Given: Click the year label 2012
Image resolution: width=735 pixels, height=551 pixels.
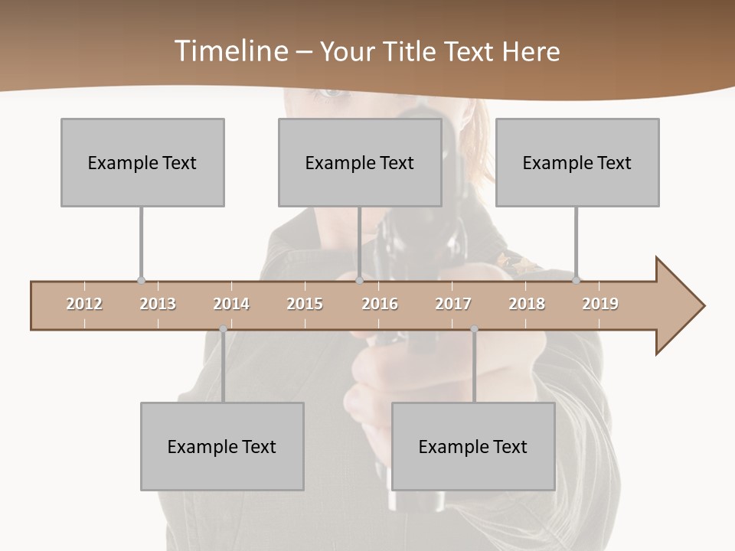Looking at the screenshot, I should [84, 304].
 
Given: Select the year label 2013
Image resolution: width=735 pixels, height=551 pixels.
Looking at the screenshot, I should [158, 304].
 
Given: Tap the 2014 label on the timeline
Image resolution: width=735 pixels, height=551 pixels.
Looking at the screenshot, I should [231, 304].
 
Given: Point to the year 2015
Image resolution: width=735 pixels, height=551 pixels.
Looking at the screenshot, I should [305, 304].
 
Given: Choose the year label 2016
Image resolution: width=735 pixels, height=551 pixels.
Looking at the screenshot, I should [380, 304].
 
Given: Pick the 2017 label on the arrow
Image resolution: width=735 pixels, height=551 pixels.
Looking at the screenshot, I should [453, 304].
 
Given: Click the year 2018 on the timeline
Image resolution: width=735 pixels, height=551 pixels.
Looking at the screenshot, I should [527, 304].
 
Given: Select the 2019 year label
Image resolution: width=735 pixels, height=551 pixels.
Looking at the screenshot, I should [600, 304].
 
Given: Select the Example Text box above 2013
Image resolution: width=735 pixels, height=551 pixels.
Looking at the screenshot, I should [142, 162].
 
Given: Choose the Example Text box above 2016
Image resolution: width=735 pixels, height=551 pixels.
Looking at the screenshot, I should [360, 162].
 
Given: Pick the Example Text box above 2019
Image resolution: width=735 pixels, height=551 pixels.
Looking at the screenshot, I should [577, 162].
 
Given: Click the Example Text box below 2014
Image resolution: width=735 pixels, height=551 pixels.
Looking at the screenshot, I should [222, 446].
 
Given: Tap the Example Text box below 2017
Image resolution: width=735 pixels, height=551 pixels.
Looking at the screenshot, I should [473, 446].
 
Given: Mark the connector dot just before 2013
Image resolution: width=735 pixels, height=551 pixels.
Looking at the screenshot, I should [141, 281].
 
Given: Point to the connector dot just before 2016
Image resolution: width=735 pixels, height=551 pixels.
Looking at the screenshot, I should [360, 281].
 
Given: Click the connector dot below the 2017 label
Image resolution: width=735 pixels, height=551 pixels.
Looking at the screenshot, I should [474, 329].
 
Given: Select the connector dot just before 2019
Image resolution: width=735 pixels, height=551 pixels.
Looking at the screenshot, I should [577, 281].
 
